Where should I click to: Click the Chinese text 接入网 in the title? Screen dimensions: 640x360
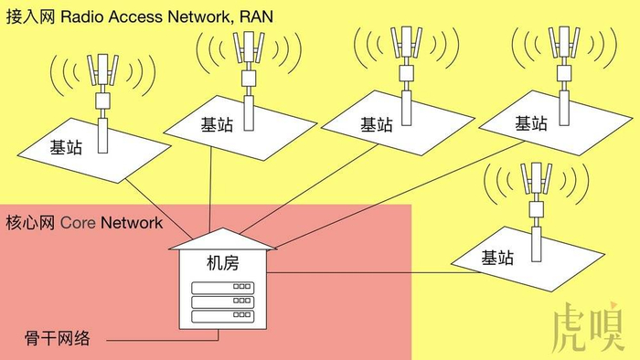click(30, 16)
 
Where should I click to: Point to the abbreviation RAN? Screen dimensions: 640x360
click(256, 16)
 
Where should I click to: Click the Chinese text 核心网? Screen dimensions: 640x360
click(30, 223)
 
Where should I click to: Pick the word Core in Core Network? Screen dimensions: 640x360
click(78, 223)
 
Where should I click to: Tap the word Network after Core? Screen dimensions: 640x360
click(132, 223)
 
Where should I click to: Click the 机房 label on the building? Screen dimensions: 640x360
click(223, 263)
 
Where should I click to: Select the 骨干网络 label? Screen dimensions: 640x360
click(57, 338)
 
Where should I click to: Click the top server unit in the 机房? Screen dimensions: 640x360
click(223, 288)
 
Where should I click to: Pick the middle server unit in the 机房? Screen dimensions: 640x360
click(223, 302)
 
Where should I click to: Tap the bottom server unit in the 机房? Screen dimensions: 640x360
click(223, 316)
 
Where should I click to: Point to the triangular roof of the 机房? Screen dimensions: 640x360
click(223, 240)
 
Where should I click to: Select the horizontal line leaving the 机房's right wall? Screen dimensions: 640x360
click(374, 273)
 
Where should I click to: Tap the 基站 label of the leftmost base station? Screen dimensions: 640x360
click(66, 147)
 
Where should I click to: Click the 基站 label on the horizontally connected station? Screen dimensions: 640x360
click(497, 258)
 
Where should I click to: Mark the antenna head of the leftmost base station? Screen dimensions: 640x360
click(102, 69)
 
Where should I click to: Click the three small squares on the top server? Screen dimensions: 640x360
click(241, 286)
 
